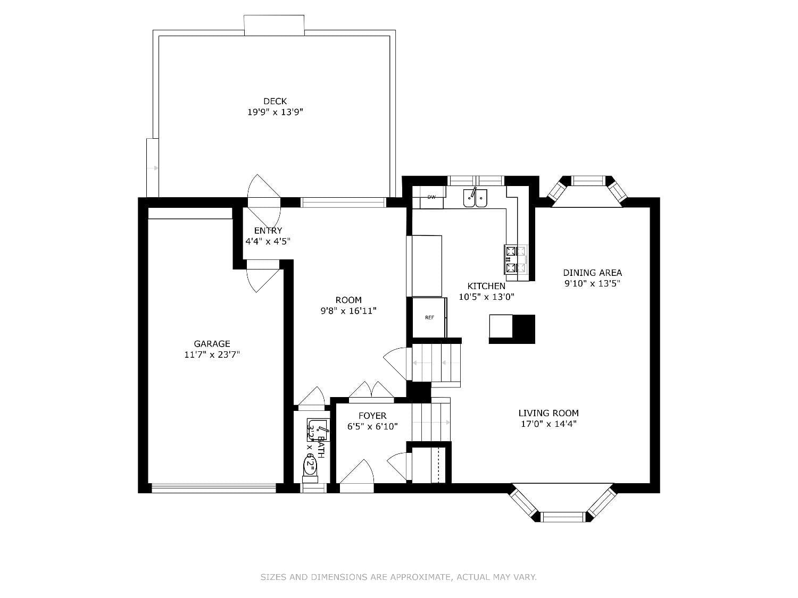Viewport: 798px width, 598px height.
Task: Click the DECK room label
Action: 275,101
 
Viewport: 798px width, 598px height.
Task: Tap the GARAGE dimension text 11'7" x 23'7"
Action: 212,355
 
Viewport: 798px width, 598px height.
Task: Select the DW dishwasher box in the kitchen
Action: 431,197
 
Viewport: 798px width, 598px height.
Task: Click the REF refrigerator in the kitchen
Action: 429,317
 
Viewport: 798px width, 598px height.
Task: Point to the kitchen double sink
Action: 475,198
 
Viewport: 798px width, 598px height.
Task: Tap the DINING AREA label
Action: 592,273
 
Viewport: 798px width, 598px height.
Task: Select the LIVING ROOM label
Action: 548,413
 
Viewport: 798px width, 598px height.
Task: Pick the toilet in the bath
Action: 310,466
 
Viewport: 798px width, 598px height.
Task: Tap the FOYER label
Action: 372,416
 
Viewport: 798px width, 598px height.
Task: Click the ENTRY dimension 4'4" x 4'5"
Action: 267,241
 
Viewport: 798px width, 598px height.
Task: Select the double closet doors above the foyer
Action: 371,390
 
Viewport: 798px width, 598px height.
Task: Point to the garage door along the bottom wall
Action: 213,487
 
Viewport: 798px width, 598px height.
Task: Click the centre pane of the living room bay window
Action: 563,516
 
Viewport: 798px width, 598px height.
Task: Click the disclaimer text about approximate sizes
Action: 398,577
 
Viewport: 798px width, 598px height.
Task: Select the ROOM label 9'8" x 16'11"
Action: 348,306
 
